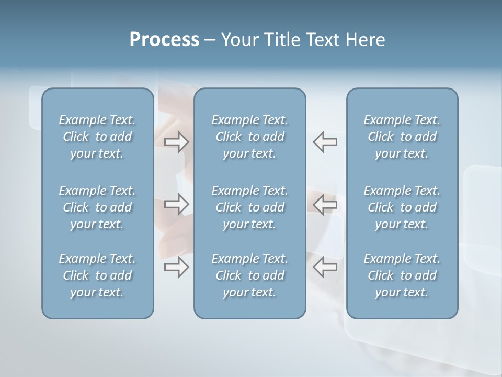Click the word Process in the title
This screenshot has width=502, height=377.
click(164, 40)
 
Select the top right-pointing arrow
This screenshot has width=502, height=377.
click(177, 142)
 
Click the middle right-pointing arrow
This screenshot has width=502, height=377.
click(177, 204)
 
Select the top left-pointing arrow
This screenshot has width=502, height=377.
click(325, 142)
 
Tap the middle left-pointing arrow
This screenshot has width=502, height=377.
click(325, 204)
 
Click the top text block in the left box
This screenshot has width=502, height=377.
click(97, 137)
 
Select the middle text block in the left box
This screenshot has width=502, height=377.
click(97, 207)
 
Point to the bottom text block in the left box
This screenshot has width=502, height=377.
click(97, 275)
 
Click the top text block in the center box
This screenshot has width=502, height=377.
click(250, 137)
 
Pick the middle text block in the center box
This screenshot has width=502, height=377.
click(250, 207)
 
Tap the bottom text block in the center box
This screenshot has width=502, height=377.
click(250, 275)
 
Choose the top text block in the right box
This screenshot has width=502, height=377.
click(402, 137)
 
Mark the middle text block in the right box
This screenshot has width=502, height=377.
click(402, 207)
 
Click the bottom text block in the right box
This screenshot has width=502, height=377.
click(402, 275)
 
